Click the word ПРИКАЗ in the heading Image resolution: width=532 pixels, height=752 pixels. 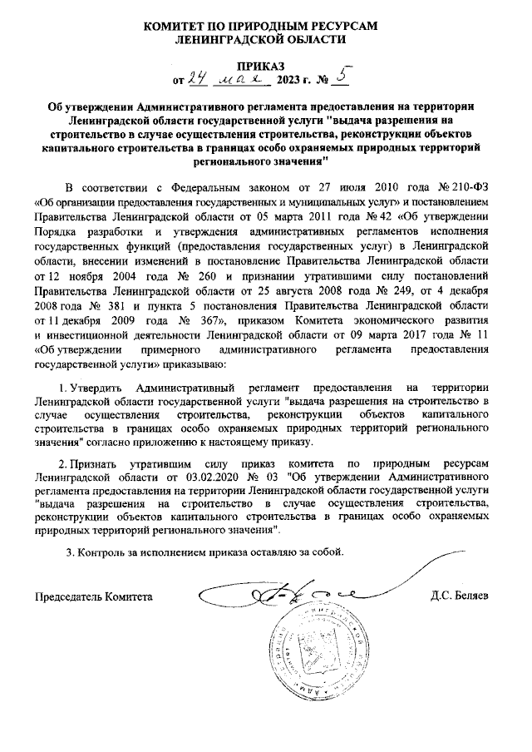[265, 66]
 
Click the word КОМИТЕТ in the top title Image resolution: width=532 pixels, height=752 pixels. [184, 26]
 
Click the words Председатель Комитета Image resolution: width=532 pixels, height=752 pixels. [94, 596]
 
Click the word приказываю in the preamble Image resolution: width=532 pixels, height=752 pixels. [192, 365]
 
